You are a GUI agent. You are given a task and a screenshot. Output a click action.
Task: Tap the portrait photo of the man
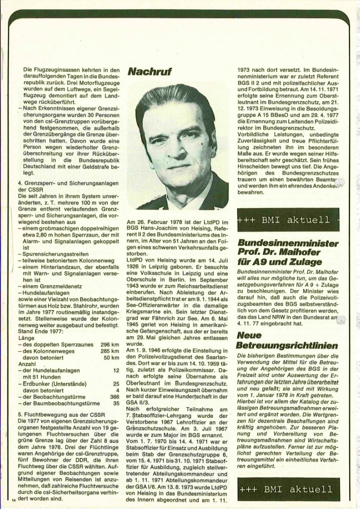pyautogui.click(x=177, y=144)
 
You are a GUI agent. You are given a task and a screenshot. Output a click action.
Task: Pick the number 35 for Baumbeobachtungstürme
pyautogui.click(x=117, y=403)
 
